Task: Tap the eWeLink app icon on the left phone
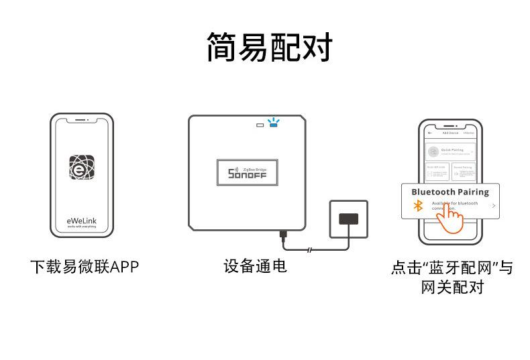pos(82,167)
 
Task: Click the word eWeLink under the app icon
pos(82,219)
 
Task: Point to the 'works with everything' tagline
pos(82,228)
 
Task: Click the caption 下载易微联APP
pos(84,267)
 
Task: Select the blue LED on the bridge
pos(273,124)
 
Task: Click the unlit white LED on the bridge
pos(260,124)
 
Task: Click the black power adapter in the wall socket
pos(348,219)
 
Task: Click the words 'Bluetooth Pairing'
pos(450,192)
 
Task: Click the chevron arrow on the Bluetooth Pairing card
pos(493,205)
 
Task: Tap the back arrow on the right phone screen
pos(430,133)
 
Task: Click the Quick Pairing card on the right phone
pos(450,152)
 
